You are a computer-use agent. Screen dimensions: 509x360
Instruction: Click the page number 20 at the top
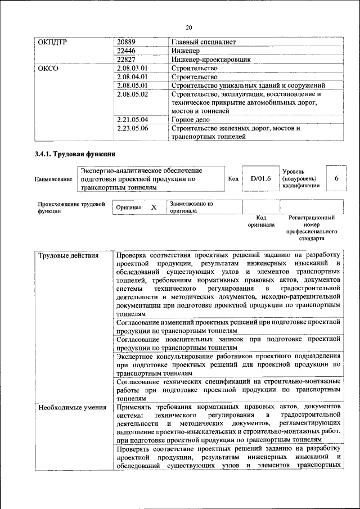click(189, 26)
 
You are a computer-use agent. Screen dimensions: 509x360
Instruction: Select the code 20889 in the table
click(127, 42)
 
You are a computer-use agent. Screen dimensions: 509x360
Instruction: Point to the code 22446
click(127, 50)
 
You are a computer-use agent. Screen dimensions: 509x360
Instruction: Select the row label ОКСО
click(48, 68)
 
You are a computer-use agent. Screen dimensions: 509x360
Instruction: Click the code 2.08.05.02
click(133, 94)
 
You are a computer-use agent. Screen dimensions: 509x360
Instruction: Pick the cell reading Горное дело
click(191, 119)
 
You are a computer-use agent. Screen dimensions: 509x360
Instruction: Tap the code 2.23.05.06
click(133, 128)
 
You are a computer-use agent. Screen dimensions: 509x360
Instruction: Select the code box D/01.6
click(260, 179)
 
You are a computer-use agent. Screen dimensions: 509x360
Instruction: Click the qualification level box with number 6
click(336, 178)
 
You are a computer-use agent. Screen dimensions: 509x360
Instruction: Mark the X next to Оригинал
click(154, 207)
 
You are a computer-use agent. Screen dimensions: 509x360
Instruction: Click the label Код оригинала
click(261, 220)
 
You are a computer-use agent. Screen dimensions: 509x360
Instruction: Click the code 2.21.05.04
click(133, 119)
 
